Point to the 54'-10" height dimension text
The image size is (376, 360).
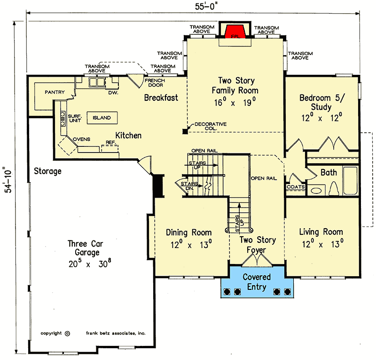coord(6,188)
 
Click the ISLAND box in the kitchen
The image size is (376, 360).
coord(101,118)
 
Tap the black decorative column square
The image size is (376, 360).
coord(185,131)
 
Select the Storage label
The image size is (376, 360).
coord(47,171)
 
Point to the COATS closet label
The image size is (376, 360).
coord(296,187)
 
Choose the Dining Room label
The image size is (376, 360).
coord(189,238)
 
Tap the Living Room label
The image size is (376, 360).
coord(321,238)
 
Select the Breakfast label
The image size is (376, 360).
coord(161,98)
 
